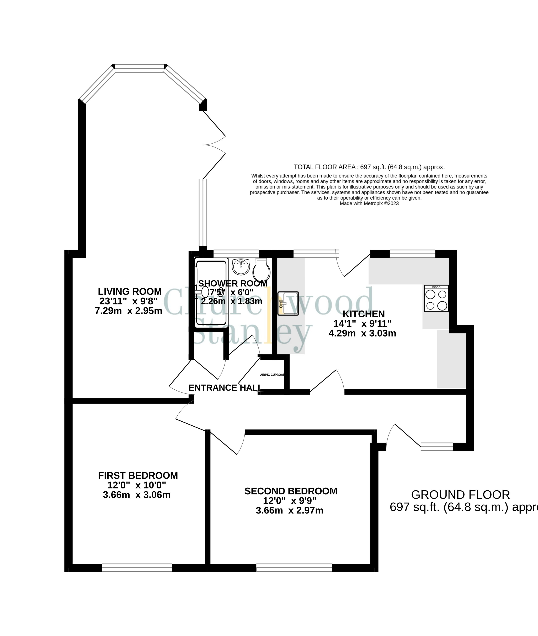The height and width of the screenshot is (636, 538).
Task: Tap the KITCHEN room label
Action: (x=364, y=314)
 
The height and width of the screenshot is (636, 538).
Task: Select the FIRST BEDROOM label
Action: (x=138, y=476)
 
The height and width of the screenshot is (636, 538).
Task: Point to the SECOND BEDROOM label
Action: (x=291, y=491)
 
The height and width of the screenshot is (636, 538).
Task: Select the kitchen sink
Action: (x=288, y=303)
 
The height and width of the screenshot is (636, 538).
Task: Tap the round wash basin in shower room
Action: (x=241, y=267)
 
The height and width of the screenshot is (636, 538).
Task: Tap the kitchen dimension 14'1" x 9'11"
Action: (x=362, y=323)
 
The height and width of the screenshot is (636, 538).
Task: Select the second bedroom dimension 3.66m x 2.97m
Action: (x=289, y=510)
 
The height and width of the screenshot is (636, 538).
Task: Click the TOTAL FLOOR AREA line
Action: (x=369, y=167)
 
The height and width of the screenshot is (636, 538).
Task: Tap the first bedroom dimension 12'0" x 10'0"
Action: (x=137, y=485)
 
